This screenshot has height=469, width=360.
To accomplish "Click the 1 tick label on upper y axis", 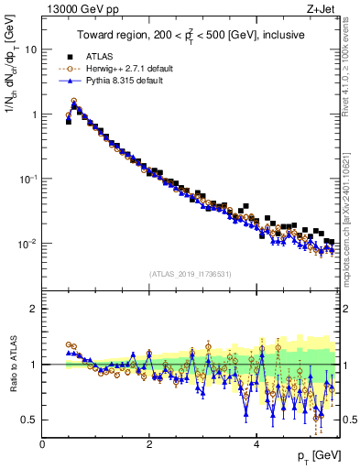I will point(33,115).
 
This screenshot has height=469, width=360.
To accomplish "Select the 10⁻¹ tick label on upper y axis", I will point(28,179).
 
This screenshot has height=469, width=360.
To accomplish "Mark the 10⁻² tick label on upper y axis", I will point(28,244).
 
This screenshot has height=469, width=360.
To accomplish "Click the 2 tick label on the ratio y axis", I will point(33,309).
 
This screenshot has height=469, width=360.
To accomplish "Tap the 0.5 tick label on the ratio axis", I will point(29,420).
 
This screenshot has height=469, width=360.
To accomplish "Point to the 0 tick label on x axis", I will point(42,444).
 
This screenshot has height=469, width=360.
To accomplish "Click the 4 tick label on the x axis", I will point(256,444).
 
